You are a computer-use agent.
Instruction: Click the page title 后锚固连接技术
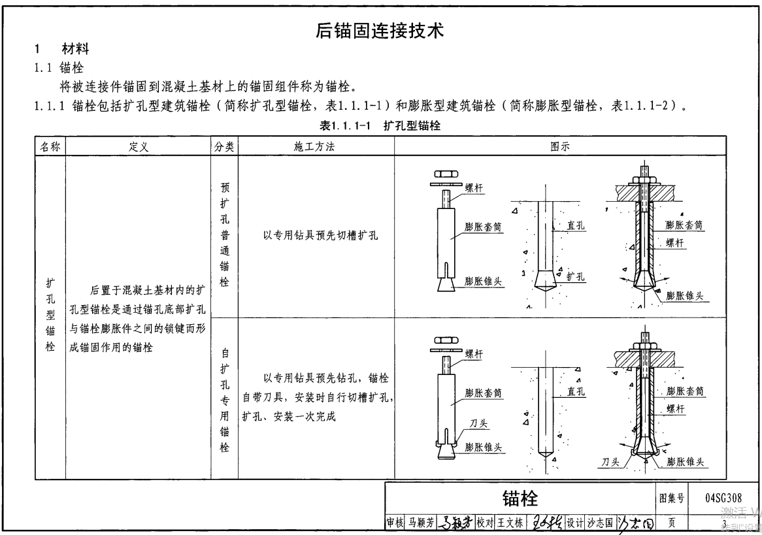coord(380,30)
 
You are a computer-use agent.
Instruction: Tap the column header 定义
coord(138,147)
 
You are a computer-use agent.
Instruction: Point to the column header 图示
coord(560,147)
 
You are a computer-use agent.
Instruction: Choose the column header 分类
coord(224,147)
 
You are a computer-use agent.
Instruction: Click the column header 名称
coord(50,147)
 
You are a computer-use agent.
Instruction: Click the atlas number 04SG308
coord(723,498)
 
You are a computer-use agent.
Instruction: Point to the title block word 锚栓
coord(520,499)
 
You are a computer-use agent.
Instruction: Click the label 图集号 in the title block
coord(671,499)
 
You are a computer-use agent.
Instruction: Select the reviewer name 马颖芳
coord(421,523)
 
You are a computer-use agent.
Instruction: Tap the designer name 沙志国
coord(599,523)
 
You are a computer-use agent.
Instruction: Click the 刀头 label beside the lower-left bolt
coord(479,424)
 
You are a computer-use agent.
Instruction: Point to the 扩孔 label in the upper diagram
coord(575,276)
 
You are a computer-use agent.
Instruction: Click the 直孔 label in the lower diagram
coord(576,392)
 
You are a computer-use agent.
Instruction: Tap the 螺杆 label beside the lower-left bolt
coord(475,353)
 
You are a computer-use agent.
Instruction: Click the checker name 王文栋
coord(510,523)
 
